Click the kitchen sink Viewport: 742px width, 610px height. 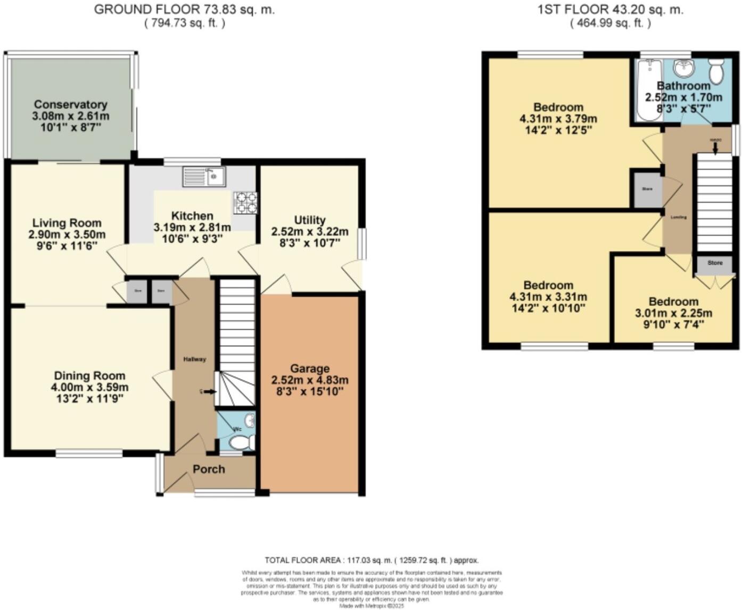pyautogui.click(x=204, y=177)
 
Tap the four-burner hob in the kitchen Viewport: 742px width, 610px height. pyautogui.click(x=245, y=203)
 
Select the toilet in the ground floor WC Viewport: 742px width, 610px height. pyautogui.click(x=241, y=442)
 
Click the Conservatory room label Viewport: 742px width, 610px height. pyautogui.click(x=70, y=104)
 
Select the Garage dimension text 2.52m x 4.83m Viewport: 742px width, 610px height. pyautogui.click(x=310, y=380)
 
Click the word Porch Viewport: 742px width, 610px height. pyautogui.click(x=209, y=469)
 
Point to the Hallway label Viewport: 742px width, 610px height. pyautogui.click(x=195, y=360)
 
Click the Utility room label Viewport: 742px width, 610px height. pyautogui.click(x=310, y=220)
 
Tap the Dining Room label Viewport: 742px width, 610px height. pyautogui.click(x=89, y=375)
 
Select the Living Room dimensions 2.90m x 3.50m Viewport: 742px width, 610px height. pyautogui.click(x=67, y=235)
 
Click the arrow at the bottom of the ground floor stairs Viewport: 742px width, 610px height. pyautogui.click(x=209, y=392)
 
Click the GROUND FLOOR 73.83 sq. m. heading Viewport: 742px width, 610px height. pyautogui.click(x=184, y=9)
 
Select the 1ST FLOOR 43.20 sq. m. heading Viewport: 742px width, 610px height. pyautogui.click(x=610, y=9)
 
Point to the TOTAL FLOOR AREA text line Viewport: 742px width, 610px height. pyautogui.click(x=372, y=560)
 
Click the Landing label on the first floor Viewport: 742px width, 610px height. pyautogui.click(x=678, y=217)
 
